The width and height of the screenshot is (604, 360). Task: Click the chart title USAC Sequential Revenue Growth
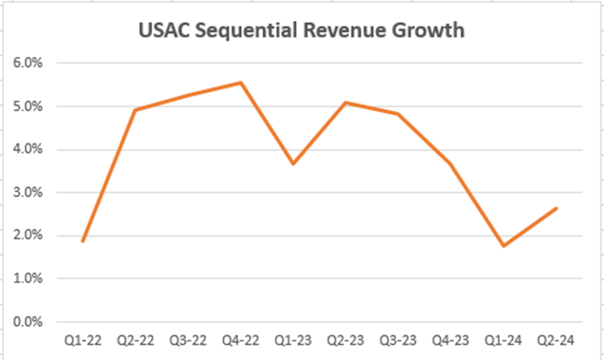(x=302, y=31)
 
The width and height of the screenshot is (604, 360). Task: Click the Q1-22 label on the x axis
(x=82, y=341)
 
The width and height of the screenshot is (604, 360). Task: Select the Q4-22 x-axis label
(x=240, y=341)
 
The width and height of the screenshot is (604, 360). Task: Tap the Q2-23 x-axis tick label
(x=345, y=341)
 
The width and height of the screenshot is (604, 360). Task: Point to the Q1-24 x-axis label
(x=503, y=341)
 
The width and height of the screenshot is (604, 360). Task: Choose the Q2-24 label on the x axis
(x=555, y=341)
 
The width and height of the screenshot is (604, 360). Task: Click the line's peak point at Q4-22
(x=240, y=82)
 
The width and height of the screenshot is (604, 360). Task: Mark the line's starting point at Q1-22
(x=82, y=241)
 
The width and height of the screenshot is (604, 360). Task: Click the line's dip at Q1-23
(x=292, y=163)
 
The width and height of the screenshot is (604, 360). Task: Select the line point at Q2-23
(x=345, y=102)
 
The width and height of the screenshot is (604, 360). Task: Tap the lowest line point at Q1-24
(x=503, y=246)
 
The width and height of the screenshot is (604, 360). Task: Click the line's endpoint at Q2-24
(x=555, y=209)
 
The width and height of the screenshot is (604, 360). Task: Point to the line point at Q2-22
(x=135, y=110)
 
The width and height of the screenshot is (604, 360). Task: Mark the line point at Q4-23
(x=450, y=163)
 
